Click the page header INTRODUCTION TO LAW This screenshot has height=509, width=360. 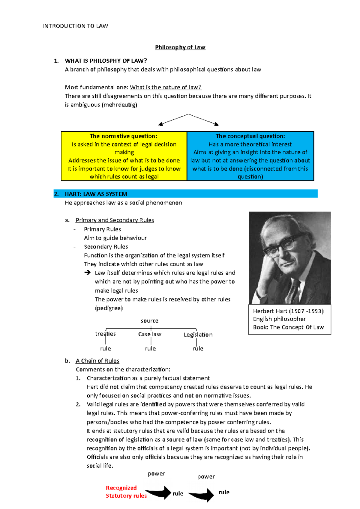tap(75, 26)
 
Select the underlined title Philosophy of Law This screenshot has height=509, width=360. tap(180, 47)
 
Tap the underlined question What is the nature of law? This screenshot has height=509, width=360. tap(166, 87)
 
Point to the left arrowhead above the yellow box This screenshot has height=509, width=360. tap(160, 124)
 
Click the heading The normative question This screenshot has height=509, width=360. tap(123, 136)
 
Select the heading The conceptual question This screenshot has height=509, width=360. tap(250, 136)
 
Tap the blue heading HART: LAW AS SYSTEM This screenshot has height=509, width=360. tap(96, 194)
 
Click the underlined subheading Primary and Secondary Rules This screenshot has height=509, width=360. tap(115, 220)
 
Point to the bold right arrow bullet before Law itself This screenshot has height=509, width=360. tap(87, 272)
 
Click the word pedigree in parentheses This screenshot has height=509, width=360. tap(109, 308)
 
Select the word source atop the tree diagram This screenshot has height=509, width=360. tap(149, 321)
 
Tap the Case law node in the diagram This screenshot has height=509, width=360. tap(150, 334)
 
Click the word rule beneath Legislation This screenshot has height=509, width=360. tap(198, 349)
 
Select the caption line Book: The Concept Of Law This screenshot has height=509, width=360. tap(288, 327)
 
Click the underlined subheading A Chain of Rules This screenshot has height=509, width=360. tap(97, 361)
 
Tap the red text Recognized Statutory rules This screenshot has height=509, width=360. tap(126, 492)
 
